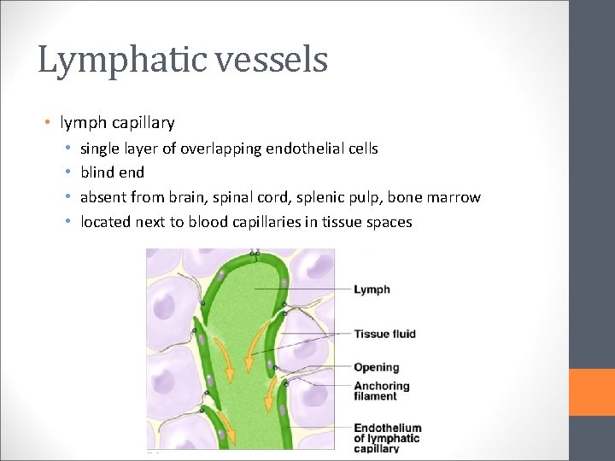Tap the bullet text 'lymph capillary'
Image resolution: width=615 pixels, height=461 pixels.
click(117, 123)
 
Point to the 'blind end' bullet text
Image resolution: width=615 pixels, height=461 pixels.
click(112, 172)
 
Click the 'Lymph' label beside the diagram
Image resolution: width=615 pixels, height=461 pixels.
click(372, 289)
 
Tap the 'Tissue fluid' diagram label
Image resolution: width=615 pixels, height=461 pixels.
click(384, 333)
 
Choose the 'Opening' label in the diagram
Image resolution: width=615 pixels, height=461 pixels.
click(377, 367)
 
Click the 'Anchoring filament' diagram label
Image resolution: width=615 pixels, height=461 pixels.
click(382, 391)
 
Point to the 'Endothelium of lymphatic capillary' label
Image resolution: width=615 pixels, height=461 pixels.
click(388, 438)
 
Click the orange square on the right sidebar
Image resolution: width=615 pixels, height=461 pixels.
click(591, 392)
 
